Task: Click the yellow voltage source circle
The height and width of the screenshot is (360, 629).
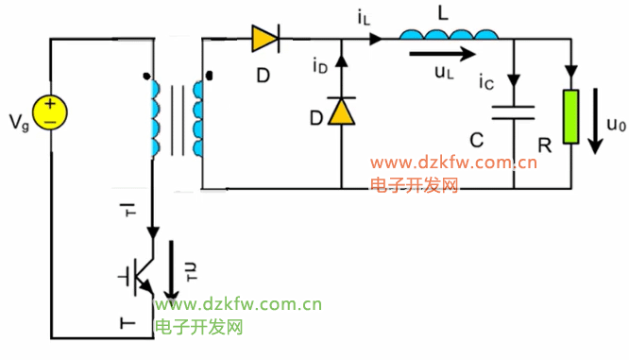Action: tap(50, 112)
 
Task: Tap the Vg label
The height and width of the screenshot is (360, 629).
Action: tap(19, 123)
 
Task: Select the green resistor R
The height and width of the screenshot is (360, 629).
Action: tap(570, 117)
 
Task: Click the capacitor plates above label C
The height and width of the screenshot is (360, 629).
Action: tap(513, 112)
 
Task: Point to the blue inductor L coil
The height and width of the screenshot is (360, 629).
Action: tap(449, 35)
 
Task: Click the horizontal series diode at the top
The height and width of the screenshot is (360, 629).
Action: tap(265, 39)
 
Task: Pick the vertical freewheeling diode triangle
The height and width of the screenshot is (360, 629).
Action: tap(341, 111)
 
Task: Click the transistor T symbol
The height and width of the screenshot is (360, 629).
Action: tap(136, 277)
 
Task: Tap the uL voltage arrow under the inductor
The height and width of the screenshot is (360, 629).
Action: tap(442, 53)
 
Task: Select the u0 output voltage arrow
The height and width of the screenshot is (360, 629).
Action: tap(595, 121)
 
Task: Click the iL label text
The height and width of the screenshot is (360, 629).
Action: tap(364, 18)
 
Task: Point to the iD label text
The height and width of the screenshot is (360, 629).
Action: tap(320, 66)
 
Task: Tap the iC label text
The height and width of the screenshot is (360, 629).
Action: tap(486, 82)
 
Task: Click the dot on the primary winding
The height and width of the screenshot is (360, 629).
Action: tap(146, 76)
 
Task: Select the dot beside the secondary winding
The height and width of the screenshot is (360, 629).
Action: tap(209, 76)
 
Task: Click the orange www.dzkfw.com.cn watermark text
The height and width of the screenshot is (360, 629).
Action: tap(453, 163)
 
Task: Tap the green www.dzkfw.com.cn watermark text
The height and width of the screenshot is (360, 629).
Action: tap(238, 304)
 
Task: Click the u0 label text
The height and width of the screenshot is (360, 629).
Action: tap(616, 125)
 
